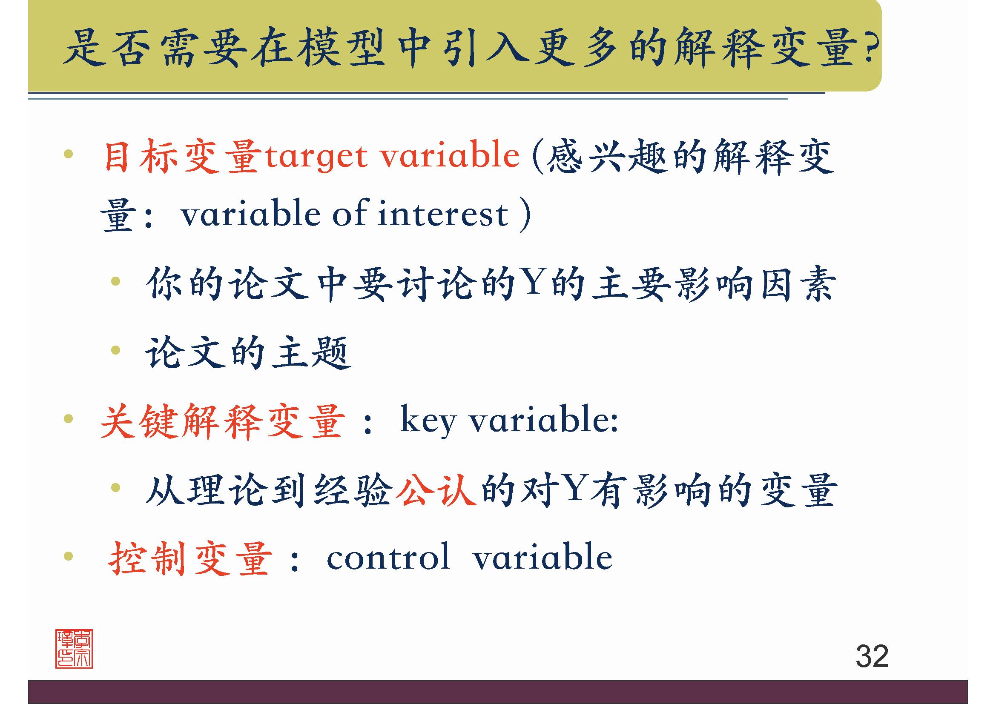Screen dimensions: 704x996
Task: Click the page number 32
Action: pos(872,656)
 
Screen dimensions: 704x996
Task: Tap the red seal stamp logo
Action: pos(74,649)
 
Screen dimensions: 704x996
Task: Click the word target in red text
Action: pos(317,157)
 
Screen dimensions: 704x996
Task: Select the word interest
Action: pos(442,214)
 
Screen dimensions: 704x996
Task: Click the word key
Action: pos(428,420)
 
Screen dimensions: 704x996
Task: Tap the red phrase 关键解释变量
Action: pos(223,421)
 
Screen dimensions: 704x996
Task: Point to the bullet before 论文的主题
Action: pos(115,350)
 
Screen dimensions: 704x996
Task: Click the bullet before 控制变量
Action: pos(68,556)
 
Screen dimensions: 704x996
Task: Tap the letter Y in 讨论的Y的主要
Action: pos(533,282)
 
